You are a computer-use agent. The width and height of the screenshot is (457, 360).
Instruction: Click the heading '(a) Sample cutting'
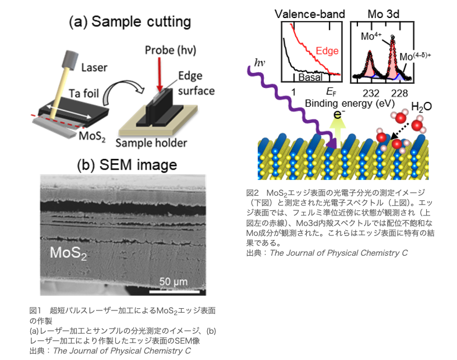pos(129,23)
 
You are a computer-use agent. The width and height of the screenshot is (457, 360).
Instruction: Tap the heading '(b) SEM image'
pos(126,165)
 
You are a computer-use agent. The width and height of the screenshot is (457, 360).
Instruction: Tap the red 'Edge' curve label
pos(326,50)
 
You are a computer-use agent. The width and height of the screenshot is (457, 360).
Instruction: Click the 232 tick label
pos(370,92)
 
